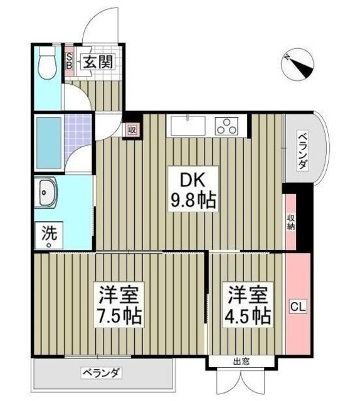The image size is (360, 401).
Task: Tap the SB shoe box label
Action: tap(70, 61)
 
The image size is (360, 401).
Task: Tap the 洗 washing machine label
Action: tap(48, 235)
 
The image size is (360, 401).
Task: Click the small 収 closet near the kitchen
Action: tap(132, 130)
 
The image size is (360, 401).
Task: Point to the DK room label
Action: tap(193, 179)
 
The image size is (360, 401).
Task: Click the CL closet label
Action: tap(297, 307)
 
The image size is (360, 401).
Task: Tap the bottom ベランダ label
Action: tap(100, 373)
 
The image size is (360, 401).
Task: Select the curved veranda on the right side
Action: tap(307, 148)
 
